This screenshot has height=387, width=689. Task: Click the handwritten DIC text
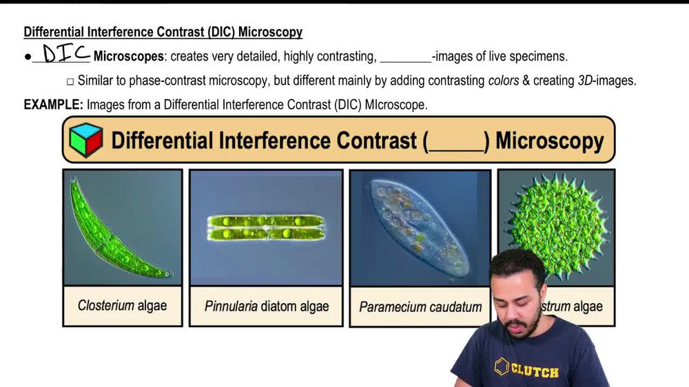[x=65, y=54]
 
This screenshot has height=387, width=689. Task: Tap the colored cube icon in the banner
[x=86, y=140]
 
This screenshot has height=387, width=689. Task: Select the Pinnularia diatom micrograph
[x=266, y=227]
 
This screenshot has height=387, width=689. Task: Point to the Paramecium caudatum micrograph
[x=420, y=227]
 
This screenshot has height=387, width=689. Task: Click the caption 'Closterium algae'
[x=122, y=306]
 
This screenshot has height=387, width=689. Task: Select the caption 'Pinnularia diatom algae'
[x=267, y=306]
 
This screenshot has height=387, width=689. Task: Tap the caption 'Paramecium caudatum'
[x=420, y=306]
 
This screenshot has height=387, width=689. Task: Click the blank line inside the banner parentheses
[x=455, y=142]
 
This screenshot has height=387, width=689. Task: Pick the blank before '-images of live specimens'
[x=405, y=57]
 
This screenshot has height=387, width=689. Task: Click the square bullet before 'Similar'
[x=70, y=81]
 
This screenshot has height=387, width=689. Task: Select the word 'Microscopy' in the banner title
[x=549, y=140]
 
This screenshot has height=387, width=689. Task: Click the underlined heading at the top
[x=163, y=32]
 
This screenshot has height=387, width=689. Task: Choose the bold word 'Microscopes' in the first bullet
[x=129, y=56]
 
